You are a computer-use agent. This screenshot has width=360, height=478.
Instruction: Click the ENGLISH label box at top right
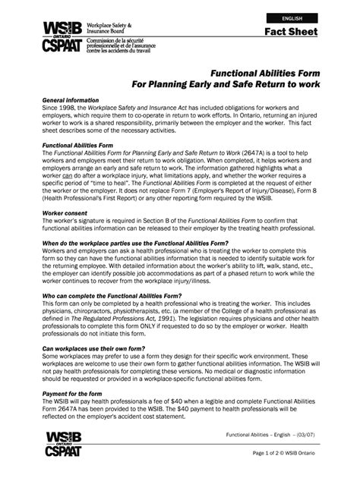292,17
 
